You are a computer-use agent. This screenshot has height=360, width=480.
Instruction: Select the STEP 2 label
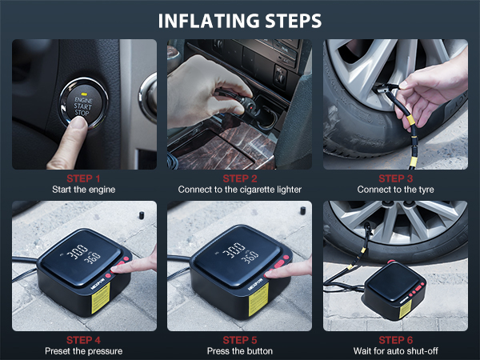tap(241, 178)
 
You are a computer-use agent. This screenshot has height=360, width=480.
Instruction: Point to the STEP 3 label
tap(396, 178)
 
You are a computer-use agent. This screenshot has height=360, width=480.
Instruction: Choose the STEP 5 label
tap(241, 339)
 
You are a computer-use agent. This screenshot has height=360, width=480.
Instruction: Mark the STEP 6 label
tap(396, 339)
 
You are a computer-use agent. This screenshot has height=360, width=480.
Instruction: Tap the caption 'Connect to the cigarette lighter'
tap(241, 190)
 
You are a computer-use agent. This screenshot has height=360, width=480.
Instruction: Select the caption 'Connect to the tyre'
tap(396, 190)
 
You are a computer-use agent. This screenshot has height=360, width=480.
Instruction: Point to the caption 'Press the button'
tap(241, 351)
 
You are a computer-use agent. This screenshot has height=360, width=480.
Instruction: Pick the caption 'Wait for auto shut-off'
tap(396, 351)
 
